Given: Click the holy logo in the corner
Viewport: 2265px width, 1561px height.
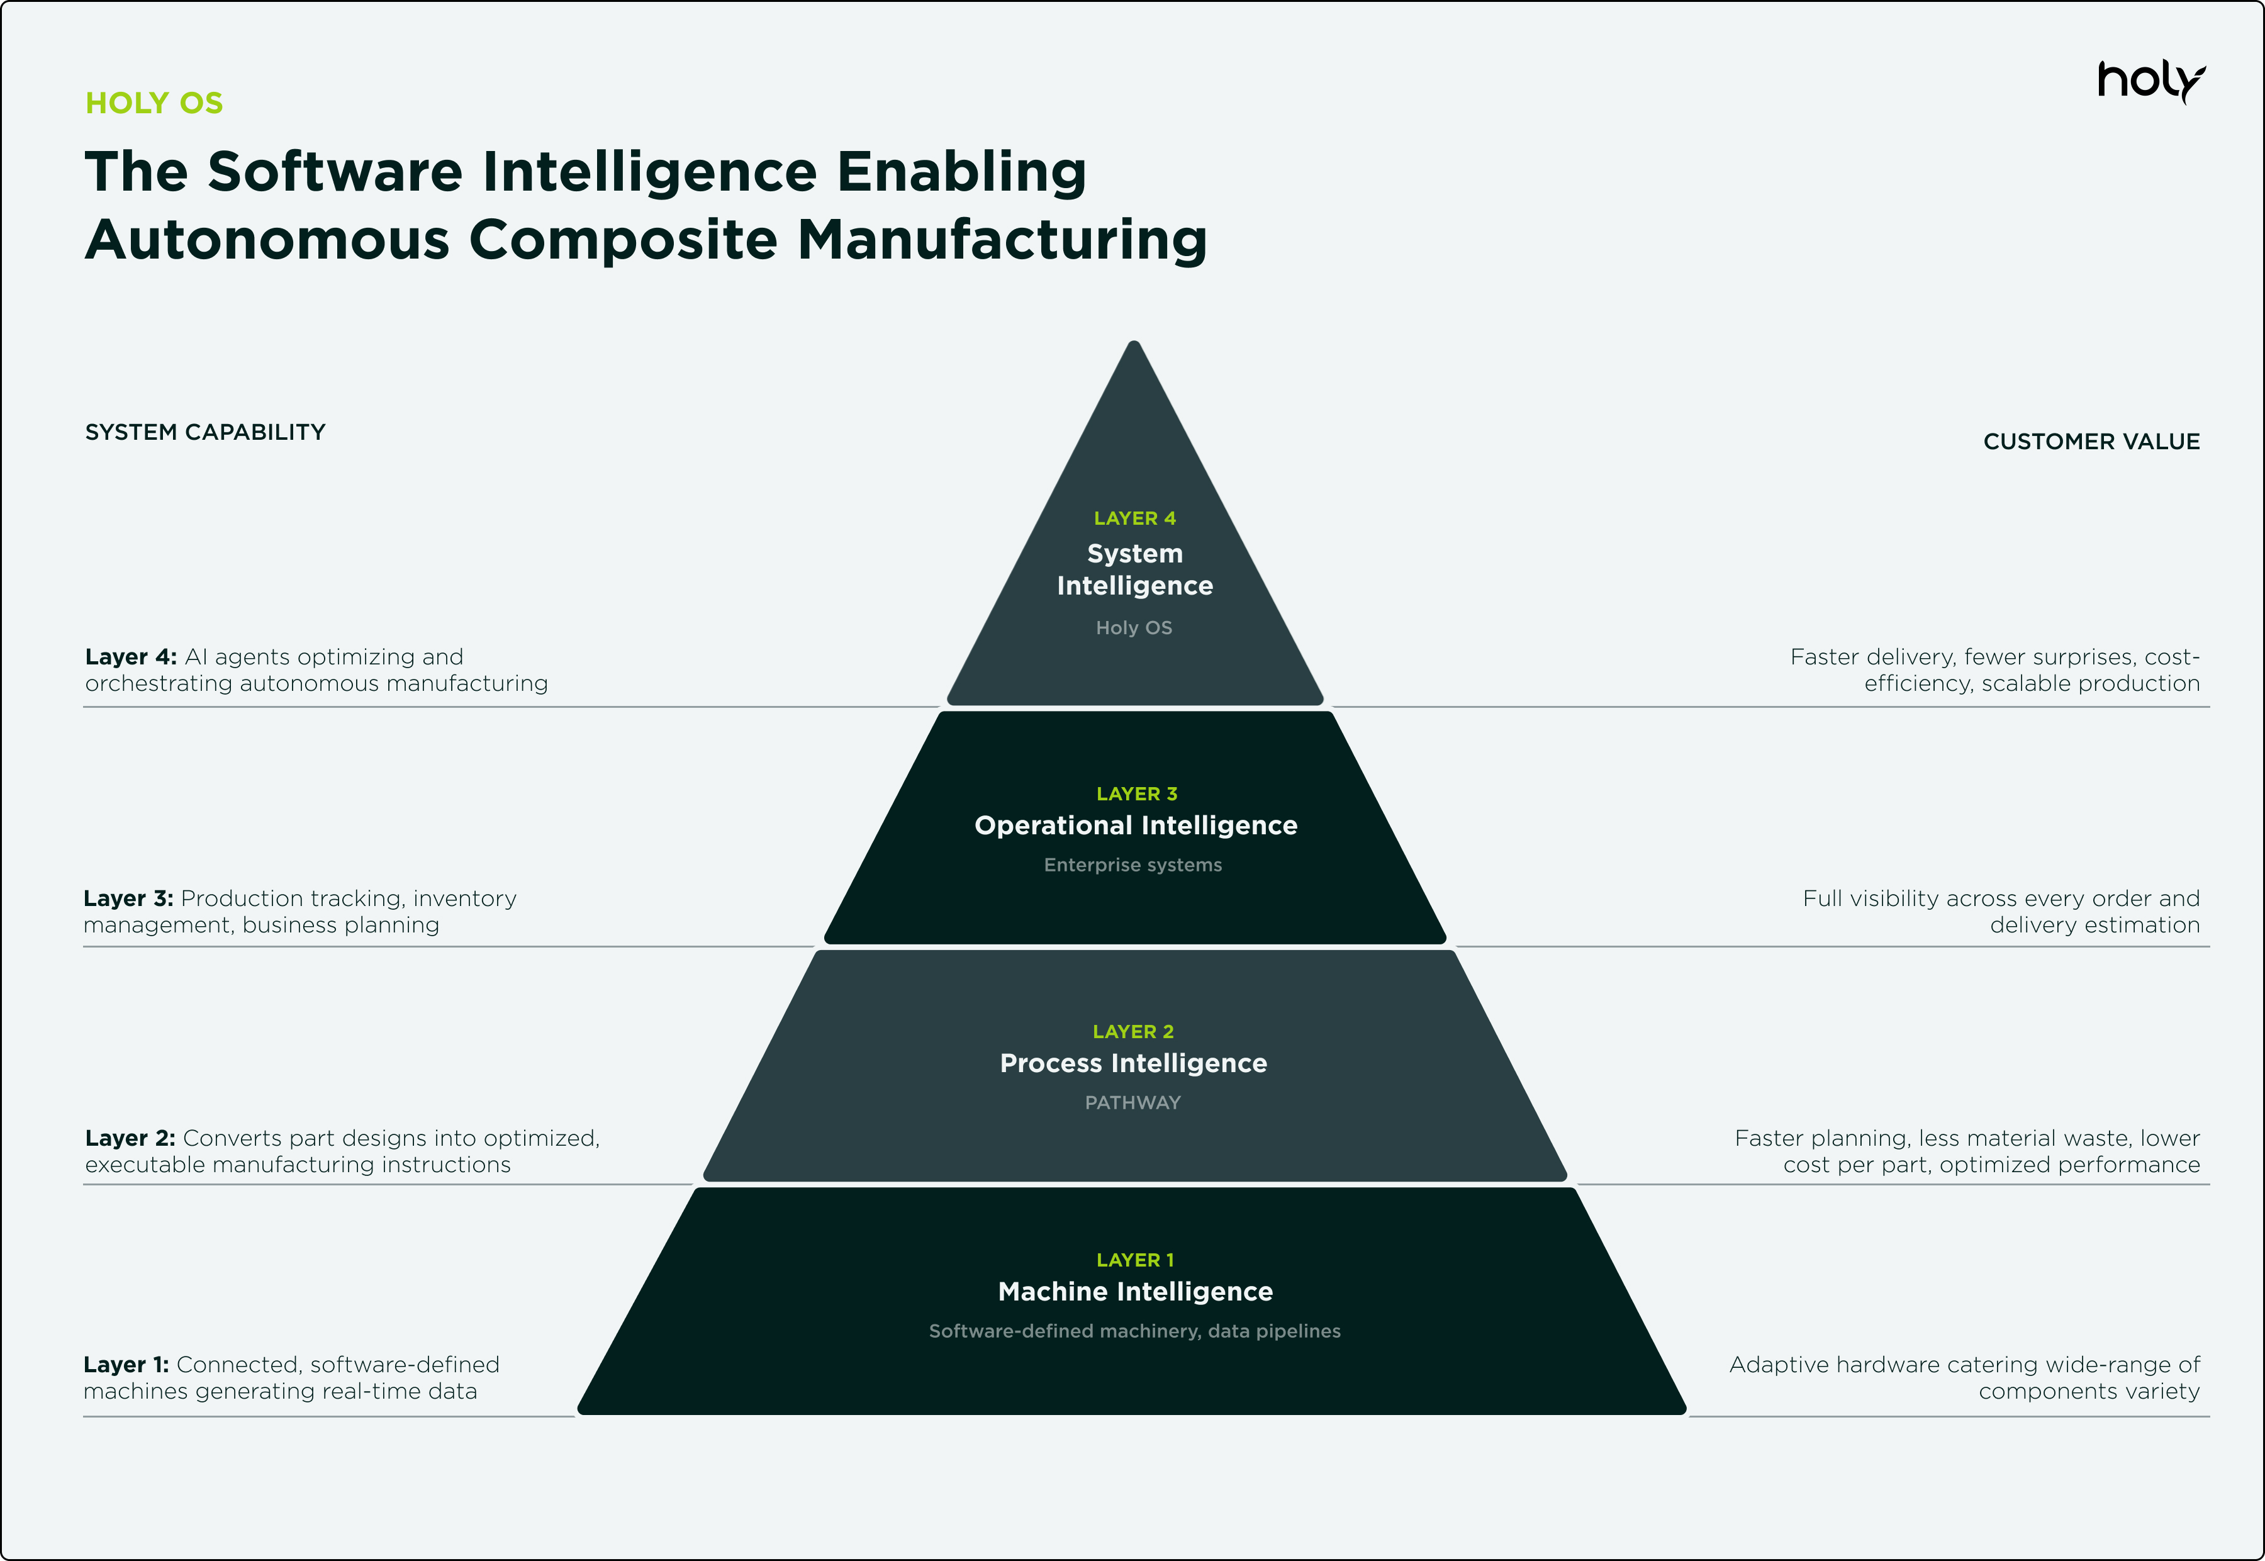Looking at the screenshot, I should (2150, 81).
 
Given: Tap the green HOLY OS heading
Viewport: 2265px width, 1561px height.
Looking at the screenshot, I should (155, 103).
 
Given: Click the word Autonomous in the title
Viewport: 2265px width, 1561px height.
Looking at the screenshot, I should (267, 240).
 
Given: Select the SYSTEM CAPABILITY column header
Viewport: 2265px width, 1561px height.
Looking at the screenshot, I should (205, 432).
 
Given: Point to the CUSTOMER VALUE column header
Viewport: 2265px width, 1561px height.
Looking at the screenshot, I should (2091, 442).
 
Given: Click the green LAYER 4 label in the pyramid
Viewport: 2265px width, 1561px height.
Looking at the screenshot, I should (1134, 518).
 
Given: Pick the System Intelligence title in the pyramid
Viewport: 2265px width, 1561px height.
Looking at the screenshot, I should (1134, 569).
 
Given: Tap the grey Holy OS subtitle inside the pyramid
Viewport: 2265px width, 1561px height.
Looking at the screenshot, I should (1134, 628).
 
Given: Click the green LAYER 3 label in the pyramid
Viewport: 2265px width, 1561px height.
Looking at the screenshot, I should (1136, 794).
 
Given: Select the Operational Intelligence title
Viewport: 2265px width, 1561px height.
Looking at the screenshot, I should (1136, 825).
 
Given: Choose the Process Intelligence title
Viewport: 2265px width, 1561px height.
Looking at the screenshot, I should (1134, 1063).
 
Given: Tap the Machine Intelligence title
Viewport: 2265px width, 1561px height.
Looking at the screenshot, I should (1136, 1292).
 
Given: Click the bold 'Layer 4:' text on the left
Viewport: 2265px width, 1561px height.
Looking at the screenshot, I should (131, 657).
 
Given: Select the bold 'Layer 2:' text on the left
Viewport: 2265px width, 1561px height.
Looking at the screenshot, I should (130, 1138).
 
